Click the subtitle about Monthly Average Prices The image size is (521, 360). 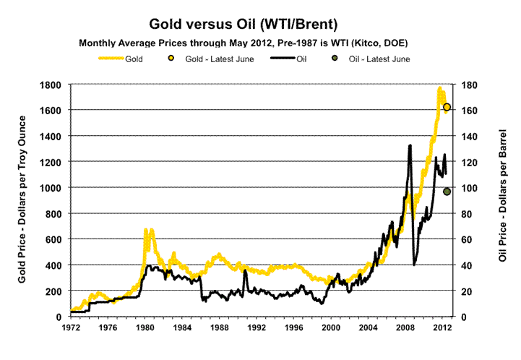pyautogui.click(x=259, y=43)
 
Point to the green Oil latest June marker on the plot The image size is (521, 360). pyautogui.click(x=447, y=192)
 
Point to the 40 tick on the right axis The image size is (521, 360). pyautogui.click(x=468, y=265)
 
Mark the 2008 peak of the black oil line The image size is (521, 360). pyautogui.click(x=410, y=145)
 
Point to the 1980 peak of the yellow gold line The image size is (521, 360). pyautogui.click(x=146, y=229)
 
